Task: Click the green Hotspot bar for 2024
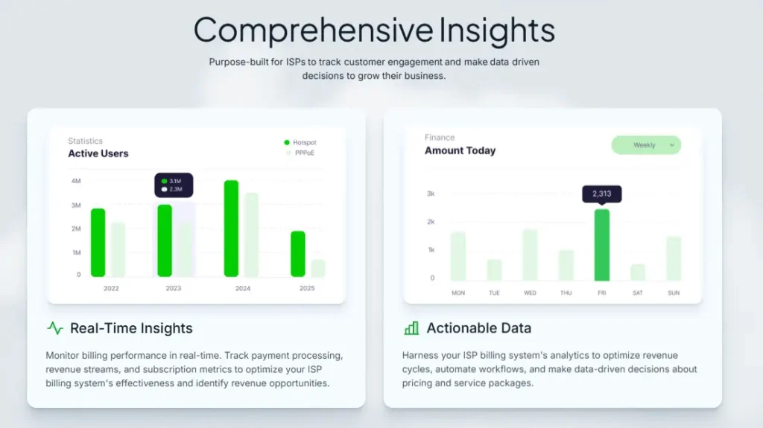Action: [x=231, y=229]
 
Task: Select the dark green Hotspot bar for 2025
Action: [x=298, y=254]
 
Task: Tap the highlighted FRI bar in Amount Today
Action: [x=602, y=245]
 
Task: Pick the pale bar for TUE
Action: [x=494, y=270]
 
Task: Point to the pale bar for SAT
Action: [x=638, y=272]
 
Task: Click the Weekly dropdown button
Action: [x=646, y=145]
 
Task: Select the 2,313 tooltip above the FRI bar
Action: [x=602, y=194]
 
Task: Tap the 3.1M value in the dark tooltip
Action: [x=175, y=181]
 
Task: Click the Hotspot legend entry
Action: [x=300, y=142]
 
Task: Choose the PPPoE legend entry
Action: [x=300, y=153]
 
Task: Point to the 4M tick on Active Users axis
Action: [x=76, y=181]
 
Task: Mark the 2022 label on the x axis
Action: [x=112, y=288]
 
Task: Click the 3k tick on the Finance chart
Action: [x=431, y=194]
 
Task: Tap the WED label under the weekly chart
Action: [x=530, y=293]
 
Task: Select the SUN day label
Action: [x=674, y=293]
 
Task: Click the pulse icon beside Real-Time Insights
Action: [x=55, y=328]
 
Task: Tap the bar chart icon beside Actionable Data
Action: [x=411, y=328]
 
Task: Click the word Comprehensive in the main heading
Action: [x=314, y=31]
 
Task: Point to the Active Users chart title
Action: [x=98, y=153]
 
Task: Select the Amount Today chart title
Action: [x=460, y=151]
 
